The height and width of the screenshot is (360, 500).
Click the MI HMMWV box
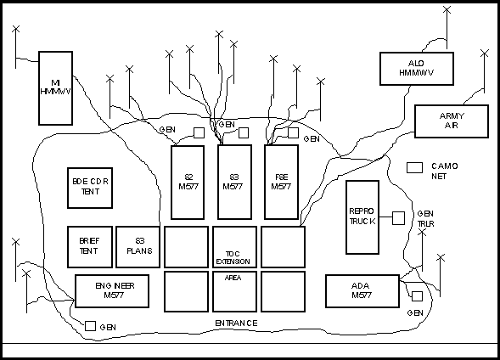click(x=55, y=88)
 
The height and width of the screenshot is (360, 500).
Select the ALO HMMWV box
click(x=417, y=69)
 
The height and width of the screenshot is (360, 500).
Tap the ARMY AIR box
click(x=452, y=121)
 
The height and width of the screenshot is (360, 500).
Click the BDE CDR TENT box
click(x=90, y=188)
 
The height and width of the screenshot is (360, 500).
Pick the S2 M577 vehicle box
click(x=188, y=183)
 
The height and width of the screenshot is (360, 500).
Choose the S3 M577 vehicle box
click(x=234, y=182)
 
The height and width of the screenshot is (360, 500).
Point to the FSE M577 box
click(x=282, y=182)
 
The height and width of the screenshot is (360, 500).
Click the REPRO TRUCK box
click(x=362, y=217)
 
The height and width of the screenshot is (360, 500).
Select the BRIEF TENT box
click(x=90, y=247)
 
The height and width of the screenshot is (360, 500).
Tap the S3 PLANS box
click(x=138, y=247)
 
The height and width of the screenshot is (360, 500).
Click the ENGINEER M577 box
click(x=112, y=291)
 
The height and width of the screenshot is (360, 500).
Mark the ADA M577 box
click(x=362, y=291)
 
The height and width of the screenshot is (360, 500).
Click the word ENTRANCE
click(x=236, y=323)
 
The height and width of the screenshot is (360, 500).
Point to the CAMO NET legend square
click(x=414, y=168)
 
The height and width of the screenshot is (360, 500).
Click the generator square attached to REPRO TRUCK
click(x=398, y=218)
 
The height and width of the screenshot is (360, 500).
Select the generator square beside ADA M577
click(x=418, y=296)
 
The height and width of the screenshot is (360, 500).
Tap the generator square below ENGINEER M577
click(x=90, y=326)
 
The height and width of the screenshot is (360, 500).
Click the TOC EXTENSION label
click(x=233, y=257)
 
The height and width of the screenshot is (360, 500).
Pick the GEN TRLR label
click(x=425, y=219)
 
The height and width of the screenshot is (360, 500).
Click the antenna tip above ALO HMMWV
click(x=447, y=10)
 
